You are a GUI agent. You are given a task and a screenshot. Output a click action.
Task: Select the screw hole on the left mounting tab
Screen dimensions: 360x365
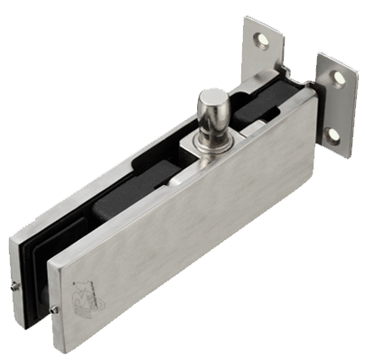coord(261,40)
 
